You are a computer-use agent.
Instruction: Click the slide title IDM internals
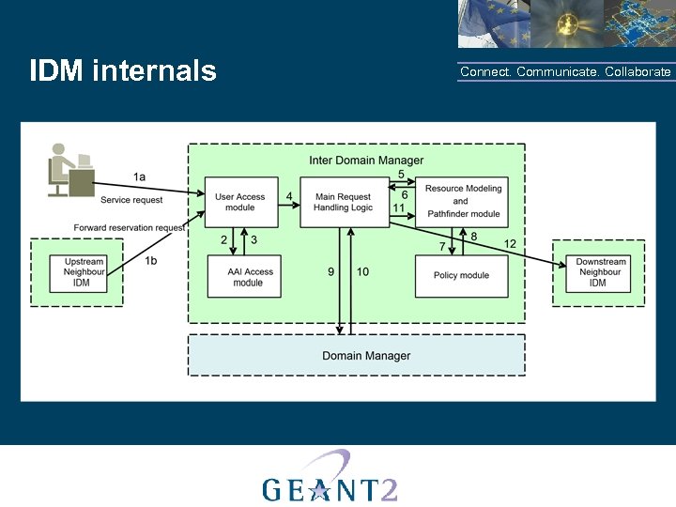(x=123, y=71)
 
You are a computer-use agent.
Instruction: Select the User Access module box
(x=240, y=202)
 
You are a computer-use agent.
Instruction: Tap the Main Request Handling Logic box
(x=343, y=202)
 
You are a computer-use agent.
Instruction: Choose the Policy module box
(x=460, y=276)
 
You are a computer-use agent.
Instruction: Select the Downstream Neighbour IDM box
(x=598, y=272)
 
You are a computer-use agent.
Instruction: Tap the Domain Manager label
(x=366, y=356)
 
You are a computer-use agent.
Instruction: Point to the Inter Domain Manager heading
(x=366, y=161)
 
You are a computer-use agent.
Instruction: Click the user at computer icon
(x=71, y=170)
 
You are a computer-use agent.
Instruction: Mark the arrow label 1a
(x=139, y=177)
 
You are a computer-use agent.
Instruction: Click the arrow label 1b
(x=151, y=261)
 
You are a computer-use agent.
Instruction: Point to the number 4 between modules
(x=290, y=196)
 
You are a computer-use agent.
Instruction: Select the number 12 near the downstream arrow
(x=510, y=244)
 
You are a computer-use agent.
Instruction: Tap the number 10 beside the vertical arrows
(x=362, y=271)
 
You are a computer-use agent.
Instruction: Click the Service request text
(x=131, y=200)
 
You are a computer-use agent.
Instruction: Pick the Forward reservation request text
(x=130, y=227)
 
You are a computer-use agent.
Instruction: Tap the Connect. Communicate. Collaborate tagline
(x=565, y=72)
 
